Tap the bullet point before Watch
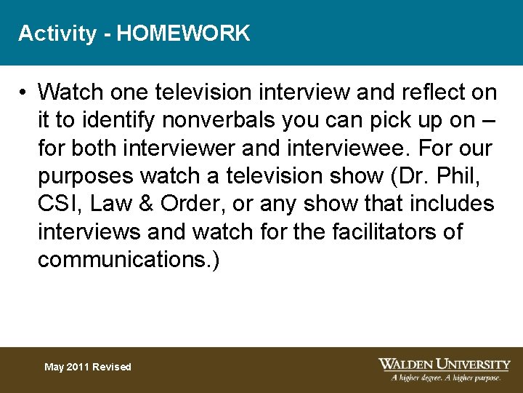pos(24,93)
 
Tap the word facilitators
pos(376,231)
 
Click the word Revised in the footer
pos(112,367)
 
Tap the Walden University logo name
pos(444,364)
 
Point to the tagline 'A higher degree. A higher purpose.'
pos(445,378)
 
